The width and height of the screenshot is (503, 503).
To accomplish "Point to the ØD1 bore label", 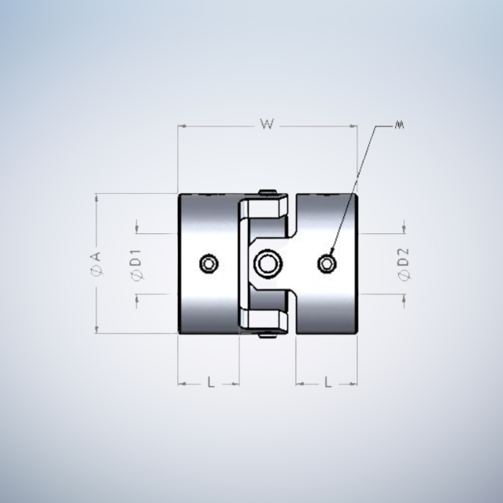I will point(136,264).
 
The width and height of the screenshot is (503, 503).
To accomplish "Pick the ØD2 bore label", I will point(404,265).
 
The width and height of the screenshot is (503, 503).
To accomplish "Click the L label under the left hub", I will point(211,382).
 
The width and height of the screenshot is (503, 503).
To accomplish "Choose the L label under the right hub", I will point(328,382).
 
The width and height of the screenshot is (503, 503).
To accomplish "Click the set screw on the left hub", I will point(210,263).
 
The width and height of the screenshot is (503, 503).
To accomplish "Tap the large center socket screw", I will point(266,263).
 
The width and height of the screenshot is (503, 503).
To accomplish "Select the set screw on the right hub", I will point(326,263).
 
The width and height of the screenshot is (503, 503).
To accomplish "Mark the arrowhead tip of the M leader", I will point(331,255).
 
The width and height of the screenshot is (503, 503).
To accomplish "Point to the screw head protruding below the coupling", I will point(267,335).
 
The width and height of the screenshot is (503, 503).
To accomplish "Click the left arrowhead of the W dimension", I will point(180,127).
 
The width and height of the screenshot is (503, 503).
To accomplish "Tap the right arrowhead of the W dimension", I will point(355,127).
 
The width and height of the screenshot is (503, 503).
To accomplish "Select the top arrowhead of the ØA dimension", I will point(97,197).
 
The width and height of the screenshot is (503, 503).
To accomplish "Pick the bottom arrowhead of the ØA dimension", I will point(97,329).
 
